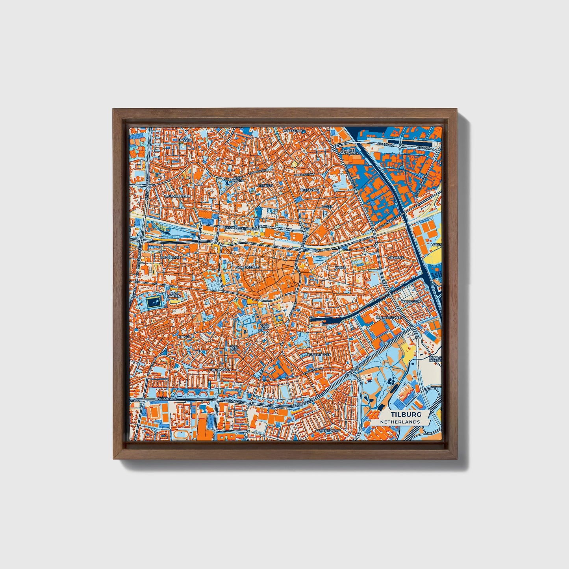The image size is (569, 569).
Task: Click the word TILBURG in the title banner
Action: pyautogui.click(x=406, y=415)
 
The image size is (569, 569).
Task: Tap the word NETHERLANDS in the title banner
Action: pyautogui.click(x=400, y=422)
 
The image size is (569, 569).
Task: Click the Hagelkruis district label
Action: pyautogui.click(x=170, y=257)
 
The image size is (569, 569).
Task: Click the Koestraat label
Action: pyautogui.click(x=309, y=190)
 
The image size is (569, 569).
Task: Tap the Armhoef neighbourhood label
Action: pyautogui.click(x=396, y=257)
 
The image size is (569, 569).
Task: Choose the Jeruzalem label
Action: pyautogui.click(x=411, y=301)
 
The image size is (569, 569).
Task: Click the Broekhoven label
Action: pyautogui.click(x=320, y=354)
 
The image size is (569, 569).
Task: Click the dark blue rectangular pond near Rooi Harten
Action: pyautogui.click(x=154, y=302)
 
